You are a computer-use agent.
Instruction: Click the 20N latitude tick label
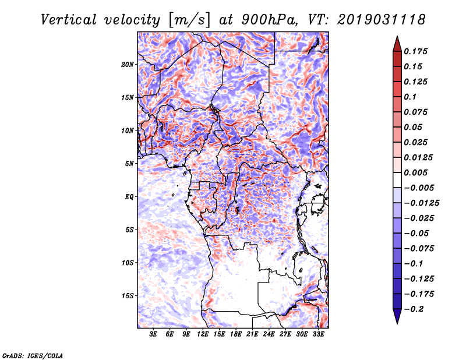tap(128, 64)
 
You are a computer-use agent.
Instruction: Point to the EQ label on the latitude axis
tap(129, 197)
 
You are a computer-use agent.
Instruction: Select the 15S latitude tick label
tap(128, 296)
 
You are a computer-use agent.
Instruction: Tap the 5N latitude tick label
tap(129, 164)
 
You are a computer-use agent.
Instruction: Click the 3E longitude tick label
tap(154, 335)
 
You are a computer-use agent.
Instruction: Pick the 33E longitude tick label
tap(318, 335)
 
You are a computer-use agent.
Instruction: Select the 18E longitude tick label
tap(236, 335)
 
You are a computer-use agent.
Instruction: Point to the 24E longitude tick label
tap(269, 335)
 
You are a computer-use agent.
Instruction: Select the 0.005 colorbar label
tap(417, 172)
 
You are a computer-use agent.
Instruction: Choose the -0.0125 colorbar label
tap(423, 203)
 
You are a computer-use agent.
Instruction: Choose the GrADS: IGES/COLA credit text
tap(32, 355)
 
